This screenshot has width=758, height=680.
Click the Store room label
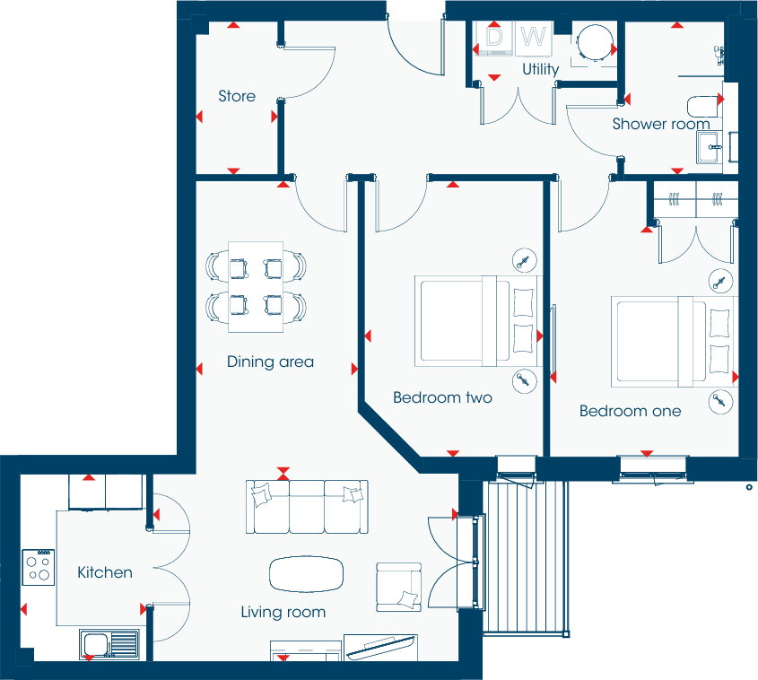click(237, 96)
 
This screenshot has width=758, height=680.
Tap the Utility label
click(540, 69)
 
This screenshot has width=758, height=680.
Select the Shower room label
click(661, 124)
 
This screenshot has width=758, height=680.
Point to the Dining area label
click(270, 362)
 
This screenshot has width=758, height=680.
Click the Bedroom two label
click(442, 397)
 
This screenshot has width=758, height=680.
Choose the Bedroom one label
click(630, 411)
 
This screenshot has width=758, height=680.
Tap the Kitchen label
click(105, 572)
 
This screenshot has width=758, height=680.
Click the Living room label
click(283, 613)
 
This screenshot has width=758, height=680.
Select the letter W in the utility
click(534, 38)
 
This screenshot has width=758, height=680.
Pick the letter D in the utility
click(494, 38)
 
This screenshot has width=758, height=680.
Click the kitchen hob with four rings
click(39, 567)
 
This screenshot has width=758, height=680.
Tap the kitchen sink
click(109, 643)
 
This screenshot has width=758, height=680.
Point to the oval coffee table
click(307, 574)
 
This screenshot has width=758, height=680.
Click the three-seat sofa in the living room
click(307, 505)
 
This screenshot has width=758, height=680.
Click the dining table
click(256, 281)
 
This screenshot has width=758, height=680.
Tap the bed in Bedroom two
click(475, 321)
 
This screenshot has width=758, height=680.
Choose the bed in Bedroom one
click(673, 341)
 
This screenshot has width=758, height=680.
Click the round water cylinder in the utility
click(592, 41)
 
